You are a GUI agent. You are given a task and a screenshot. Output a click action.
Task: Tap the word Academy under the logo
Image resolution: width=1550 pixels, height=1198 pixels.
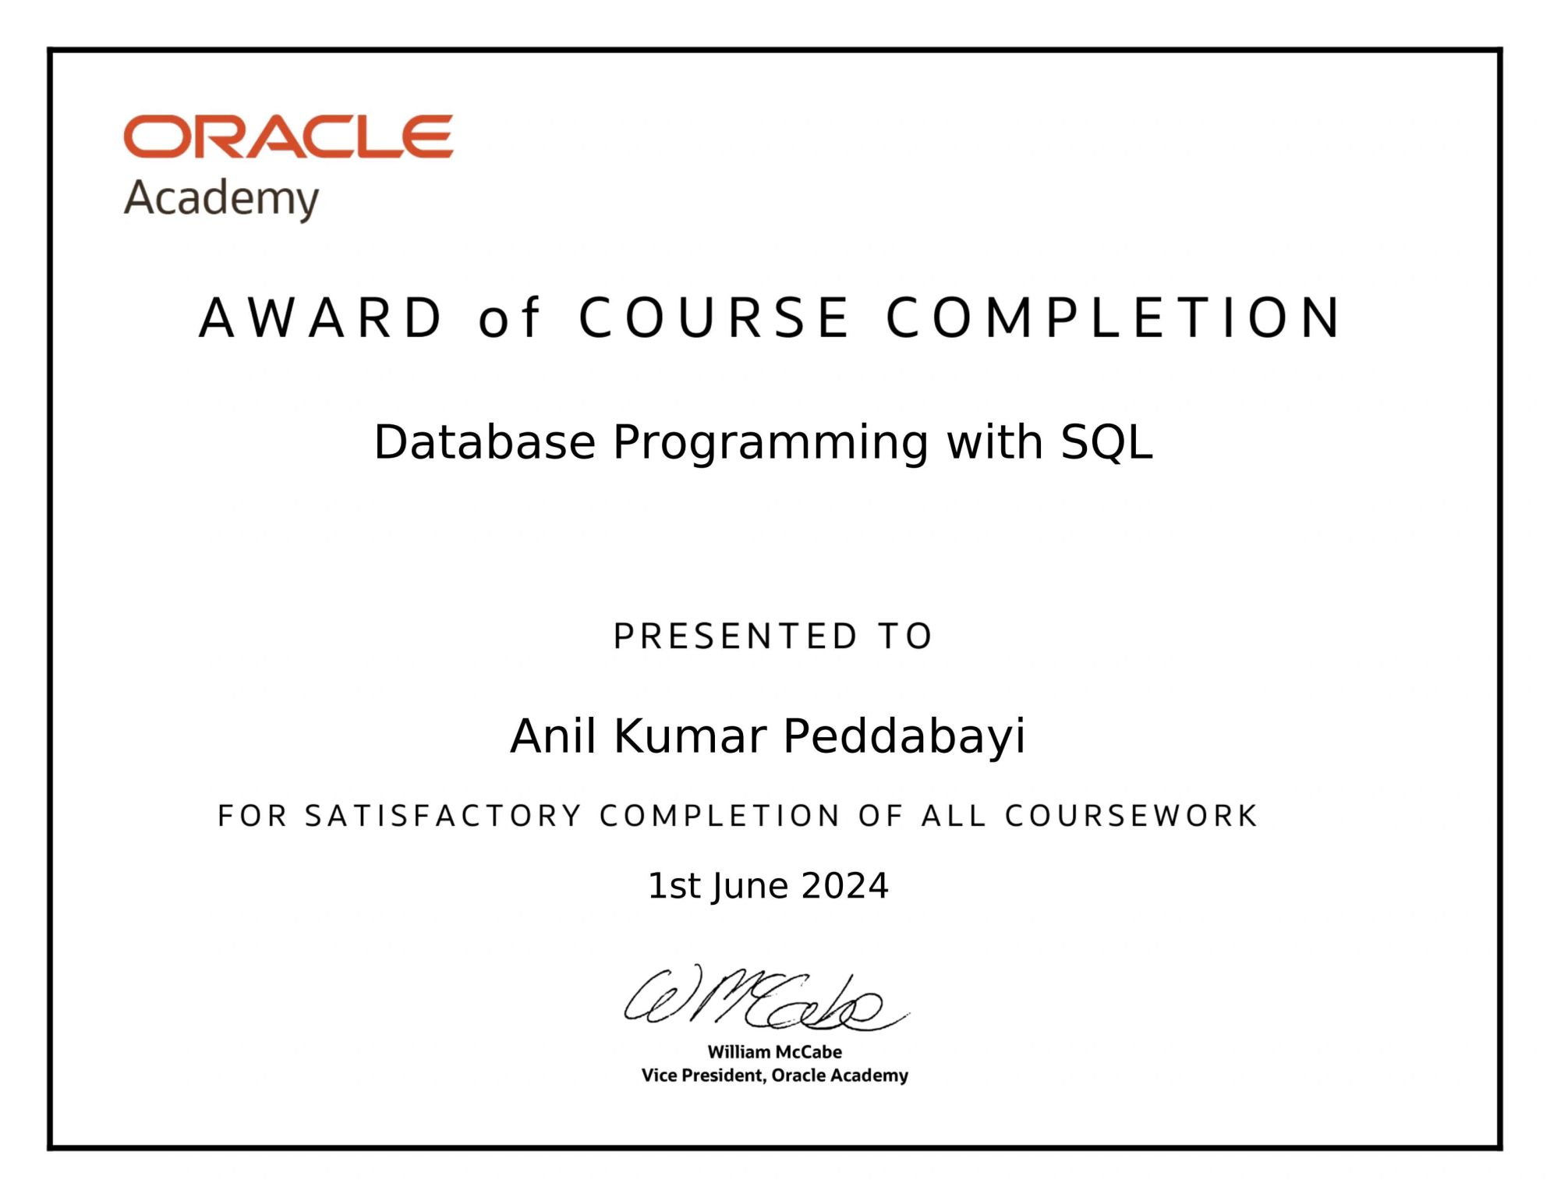click(221, 198)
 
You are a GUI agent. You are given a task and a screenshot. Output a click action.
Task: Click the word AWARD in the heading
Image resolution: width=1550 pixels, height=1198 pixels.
click(321, 318)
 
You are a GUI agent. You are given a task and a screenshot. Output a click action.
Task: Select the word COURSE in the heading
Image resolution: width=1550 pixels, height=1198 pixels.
click(714, 318)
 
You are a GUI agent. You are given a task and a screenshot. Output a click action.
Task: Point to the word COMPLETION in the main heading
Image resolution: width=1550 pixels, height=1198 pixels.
click(1113, 318)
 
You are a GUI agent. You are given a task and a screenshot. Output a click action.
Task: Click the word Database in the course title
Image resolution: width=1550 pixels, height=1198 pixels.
click(484, 442)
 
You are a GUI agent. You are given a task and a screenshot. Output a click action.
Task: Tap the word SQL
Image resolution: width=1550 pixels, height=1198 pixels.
click(1106, 442)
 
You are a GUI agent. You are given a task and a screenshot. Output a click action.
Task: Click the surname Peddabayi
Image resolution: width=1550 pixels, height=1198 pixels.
click(904, 737)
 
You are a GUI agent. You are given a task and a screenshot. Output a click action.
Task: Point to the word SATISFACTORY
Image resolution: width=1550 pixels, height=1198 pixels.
click(443, 816)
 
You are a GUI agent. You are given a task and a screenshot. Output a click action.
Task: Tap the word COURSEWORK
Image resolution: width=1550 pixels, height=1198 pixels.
click(1131, 816)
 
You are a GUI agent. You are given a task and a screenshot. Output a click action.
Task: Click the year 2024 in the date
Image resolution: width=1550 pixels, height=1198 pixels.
click(844, 886)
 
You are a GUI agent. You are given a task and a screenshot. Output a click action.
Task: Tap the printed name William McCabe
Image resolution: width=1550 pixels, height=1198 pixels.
click(774, 1051)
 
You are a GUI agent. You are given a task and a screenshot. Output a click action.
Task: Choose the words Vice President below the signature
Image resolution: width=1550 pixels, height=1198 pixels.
click(703, 1076)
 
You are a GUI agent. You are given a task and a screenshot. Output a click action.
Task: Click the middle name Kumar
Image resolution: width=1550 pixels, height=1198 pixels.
click(690, 736)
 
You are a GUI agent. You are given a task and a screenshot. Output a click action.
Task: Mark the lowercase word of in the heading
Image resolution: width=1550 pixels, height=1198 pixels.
click(508, 318)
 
